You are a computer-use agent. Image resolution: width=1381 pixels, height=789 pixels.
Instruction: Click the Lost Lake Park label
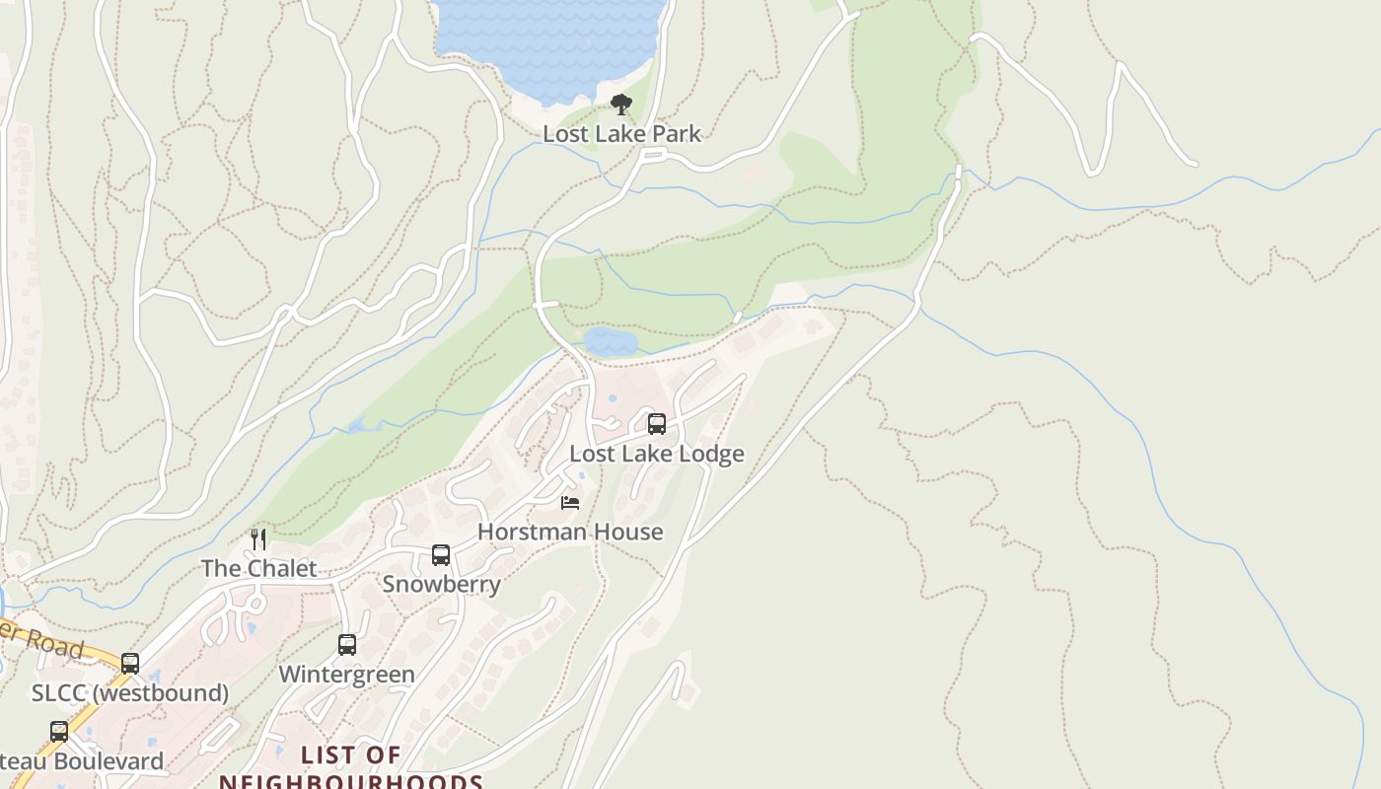[x=621, y=134]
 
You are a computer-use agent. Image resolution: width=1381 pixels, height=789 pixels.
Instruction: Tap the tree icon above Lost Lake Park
[x=620, y=104]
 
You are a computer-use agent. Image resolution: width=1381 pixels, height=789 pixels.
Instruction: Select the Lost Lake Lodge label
[x=656, y=454]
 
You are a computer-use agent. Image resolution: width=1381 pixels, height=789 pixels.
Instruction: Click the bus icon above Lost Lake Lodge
[x=656, y=424]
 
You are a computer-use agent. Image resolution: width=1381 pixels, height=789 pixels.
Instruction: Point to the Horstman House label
[x=569, y=532]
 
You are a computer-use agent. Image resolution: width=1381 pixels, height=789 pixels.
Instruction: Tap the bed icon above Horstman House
[x=569, y=503]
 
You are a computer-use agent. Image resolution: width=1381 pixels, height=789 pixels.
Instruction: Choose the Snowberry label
[x=441, y=584]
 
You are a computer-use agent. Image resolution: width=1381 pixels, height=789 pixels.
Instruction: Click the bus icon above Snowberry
[x=441, y=555]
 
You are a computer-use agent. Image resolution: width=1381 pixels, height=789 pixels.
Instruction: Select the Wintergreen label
[x=346, y=675]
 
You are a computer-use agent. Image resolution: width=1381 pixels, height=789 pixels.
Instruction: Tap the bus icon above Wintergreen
[x=346, y=645]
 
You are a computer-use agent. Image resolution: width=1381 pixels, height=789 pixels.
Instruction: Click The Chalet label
[x=258, y=568]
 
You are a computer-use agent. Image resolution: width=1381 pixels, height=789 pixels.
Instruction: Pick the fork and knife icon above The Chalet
[x=258, y=538]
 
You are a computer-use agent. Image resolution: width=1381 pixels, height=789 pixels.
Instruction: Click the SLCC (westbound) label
[x=129, y=693]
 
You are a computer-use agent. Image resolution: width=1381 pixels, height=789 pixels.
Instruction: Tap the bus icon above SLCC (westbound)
[x=129, y=664]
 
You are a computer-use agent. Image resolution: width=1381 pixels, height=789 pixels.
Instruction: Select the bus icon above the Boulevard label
[x=59, y=732]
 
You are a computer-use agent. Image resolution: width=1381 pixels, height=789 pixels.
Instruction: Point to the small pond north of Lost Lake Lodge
[x=610, y=342]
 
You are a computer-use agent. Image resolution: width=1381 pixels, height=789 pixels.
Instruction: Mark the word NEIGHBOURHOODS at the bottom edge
[x=350, y=782]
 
